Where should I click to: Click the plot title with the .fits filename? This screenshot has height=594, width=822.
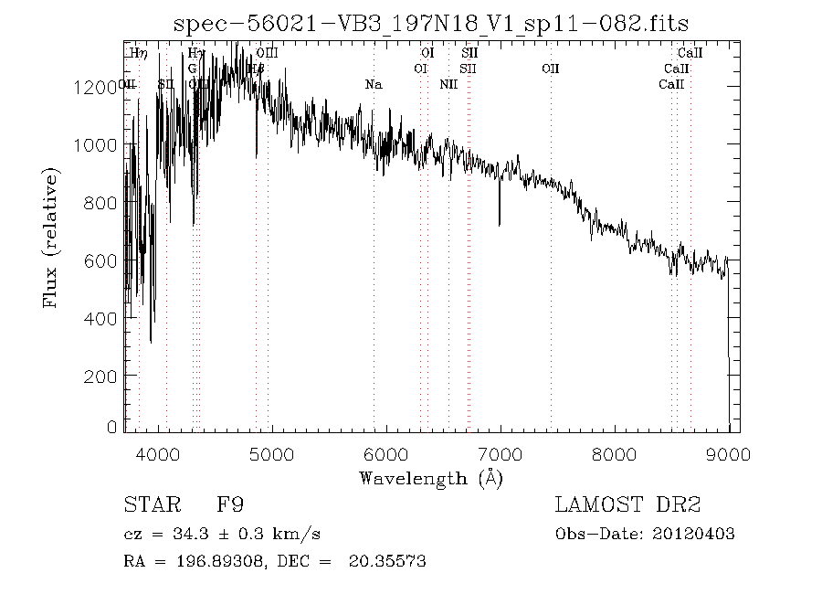pos(430,23)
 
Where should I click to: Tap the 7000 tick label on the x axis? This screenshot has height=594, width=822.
pos(501,453)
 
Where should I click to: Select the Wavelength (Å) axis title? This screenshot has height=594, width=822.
pos(430,478)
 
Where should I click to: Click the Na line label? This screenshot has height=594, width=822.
pos(373,84)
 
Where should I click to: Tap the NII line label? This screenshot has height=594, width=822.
pos(448,84)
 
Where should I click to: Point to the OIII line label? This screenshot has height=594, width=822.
pos(267,54)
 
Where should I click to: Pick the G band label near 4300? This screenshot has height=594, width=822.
pos(192,69)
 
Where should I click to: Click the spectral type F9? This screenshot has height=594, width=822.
pos(230,504)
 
